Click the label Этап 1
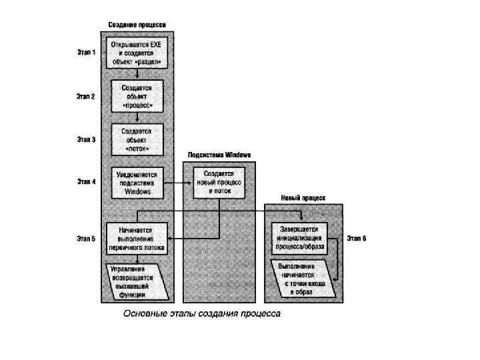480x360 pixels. (86, 52)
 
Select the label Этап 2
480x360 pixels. (86, 96)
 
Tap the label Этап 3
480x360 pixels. (86, 139)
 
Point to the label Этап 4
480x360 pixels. (86, 181)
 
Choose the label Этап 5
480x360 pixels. (86, 237)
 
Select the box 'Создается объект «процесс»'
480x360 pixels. (136, 97)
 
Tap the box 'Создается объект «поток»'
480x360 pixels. (136, 139)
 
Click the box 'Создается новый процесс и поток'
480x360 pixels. (219, 181)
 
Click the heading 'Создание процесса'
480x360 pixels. (137, 25)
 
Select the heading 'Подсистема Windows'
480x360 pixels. (219, 155)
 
